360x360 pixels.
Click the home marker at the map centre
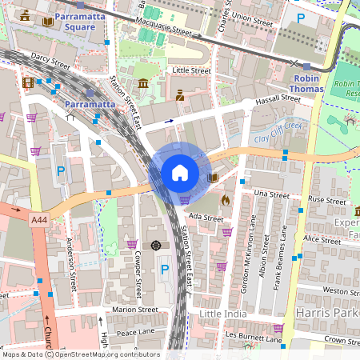click(180, 173)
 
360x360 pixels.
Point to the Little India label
click(222, 313)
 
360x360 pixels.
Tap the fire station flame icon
click(226, 200)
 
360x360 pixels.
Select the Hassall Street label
click(276, 101)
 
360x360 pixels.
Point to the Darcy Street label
click(46, 58)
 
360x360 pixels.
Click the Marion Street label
click(135, 309)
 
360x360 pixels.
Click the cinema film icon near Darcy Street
click(29, 82)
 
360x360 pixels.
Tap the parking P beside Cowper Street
click(165, 270)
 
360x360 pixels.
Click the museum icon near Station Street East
click(143, 84)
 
